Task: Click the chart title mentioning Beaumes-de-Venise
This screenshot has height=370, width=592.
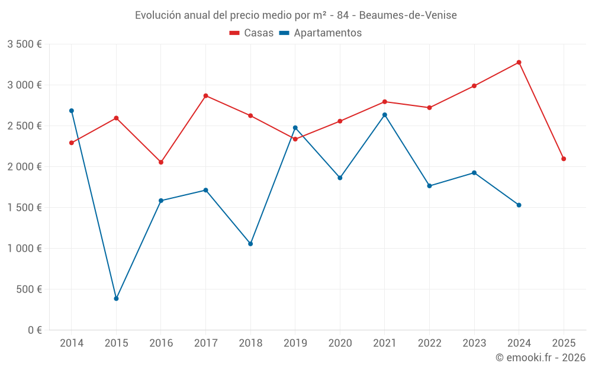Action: click(x=295, y=15)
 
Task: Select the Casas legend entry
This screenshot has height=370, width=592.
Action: click(x=252, y=33)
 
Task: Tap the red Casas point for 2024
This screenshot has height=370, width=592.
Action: click(x=519, y=62)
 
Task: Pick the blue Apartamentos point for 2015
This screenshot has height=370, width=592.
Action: click(x=116, y=298)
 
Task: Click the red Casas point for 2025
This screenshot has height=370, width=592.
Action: click(x=564, y=159)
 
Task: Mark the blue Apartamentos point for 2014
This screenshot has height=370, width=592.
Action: click(x=72, y=111)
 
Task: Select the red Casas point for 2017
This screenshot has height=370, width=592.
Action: click(x=206, y=95)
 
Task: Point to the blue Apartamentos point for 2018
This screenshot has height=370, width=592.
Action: click(x=250, y=244)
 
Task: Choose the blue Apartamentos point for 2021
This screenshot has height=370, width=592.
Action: click(x=385, y=115)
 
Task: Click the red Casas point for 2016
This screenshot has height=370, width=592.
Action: click(x=161, y=162)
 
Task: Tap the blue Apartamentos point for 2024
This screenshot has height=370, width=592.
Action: click(x=519, y=205)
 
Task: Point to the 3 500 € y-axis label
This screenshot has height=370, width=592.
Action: click(x=24, y=44)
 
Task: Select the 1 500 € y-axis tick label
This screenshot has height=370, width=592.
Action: click(x=24, y=208)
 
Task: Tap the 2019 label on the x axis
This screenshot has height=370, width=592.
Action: click(x=295, y=343)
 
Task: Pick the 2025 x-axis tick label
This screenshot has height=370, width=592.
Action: click(x=564, y=343)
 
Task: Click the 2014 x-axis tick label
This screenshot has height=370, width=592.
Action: click(x=72, y=343)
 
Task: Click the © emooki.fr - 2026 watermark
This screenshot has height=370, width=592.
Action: click(x=540, y=358)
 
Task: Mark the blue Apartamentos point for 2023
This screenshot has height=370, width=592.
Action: click(x=474, y=173)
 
